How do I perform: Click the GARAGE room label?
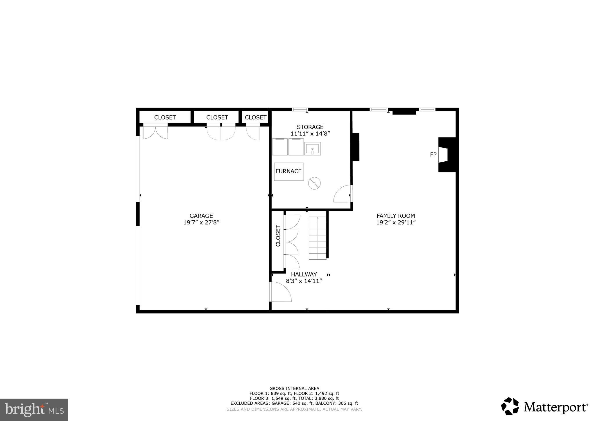point(201,216)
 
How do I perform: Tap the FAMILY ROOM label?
point(395,216)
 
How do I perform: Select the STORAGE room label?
point(310,127)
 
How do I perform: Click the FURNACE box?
point(289,172)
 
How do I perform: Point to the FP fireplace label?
point(433,155)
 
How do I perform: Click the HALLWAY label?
point(304,274)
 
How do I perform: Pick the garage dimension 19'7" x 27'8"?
point(201,222)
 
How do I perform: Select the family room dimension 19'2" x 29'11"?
point(396,222)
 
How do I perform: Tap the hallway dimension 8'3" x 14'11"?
point(304,281)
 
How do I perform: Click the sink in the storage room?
point(312,149)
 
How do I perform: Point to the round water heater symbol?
point(314,183)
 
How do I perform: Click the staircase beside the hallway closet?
point(318,238)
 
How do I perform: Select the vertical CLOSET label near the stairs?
point(278,236)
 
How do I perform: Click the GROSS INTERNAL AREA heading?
point(294,388)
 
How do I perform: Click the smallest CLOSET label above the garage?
point(256,117)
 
